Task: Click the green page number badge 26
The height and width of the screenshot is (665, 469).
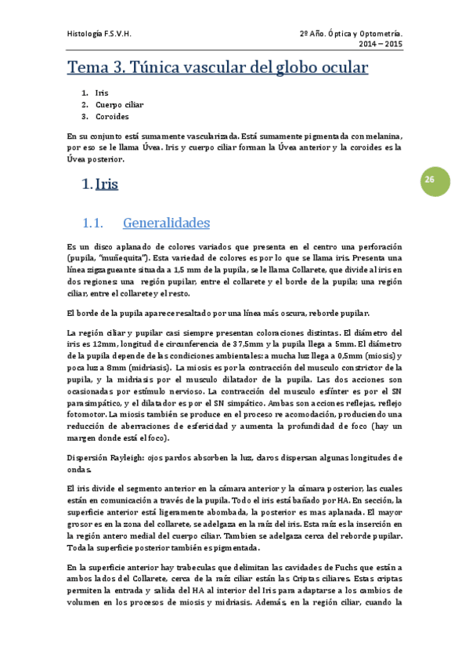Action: click(x=429, y=180)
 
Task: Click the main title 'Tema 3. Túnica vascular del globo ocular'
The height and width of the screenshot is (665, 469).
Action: click(x=218, y=67)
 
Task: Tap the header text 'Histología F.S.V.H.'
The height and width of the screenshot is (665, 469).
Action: click(x=99, y=35)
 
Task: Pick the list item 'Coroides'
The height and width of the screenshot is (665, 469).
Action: click(x=112, y=116)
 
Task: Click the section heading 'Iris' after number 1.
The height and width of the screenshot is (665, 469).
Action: click(x=106, y=185)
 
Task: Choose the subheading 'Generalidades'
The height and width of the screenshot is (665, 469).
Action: click(x=166, y=223)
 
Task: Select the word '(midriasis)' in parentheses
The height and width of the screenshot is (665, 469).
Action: click(x=146, y=367)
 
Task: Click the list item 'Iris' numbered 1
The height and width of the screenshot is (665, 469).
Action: click(x=102, y=93)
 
